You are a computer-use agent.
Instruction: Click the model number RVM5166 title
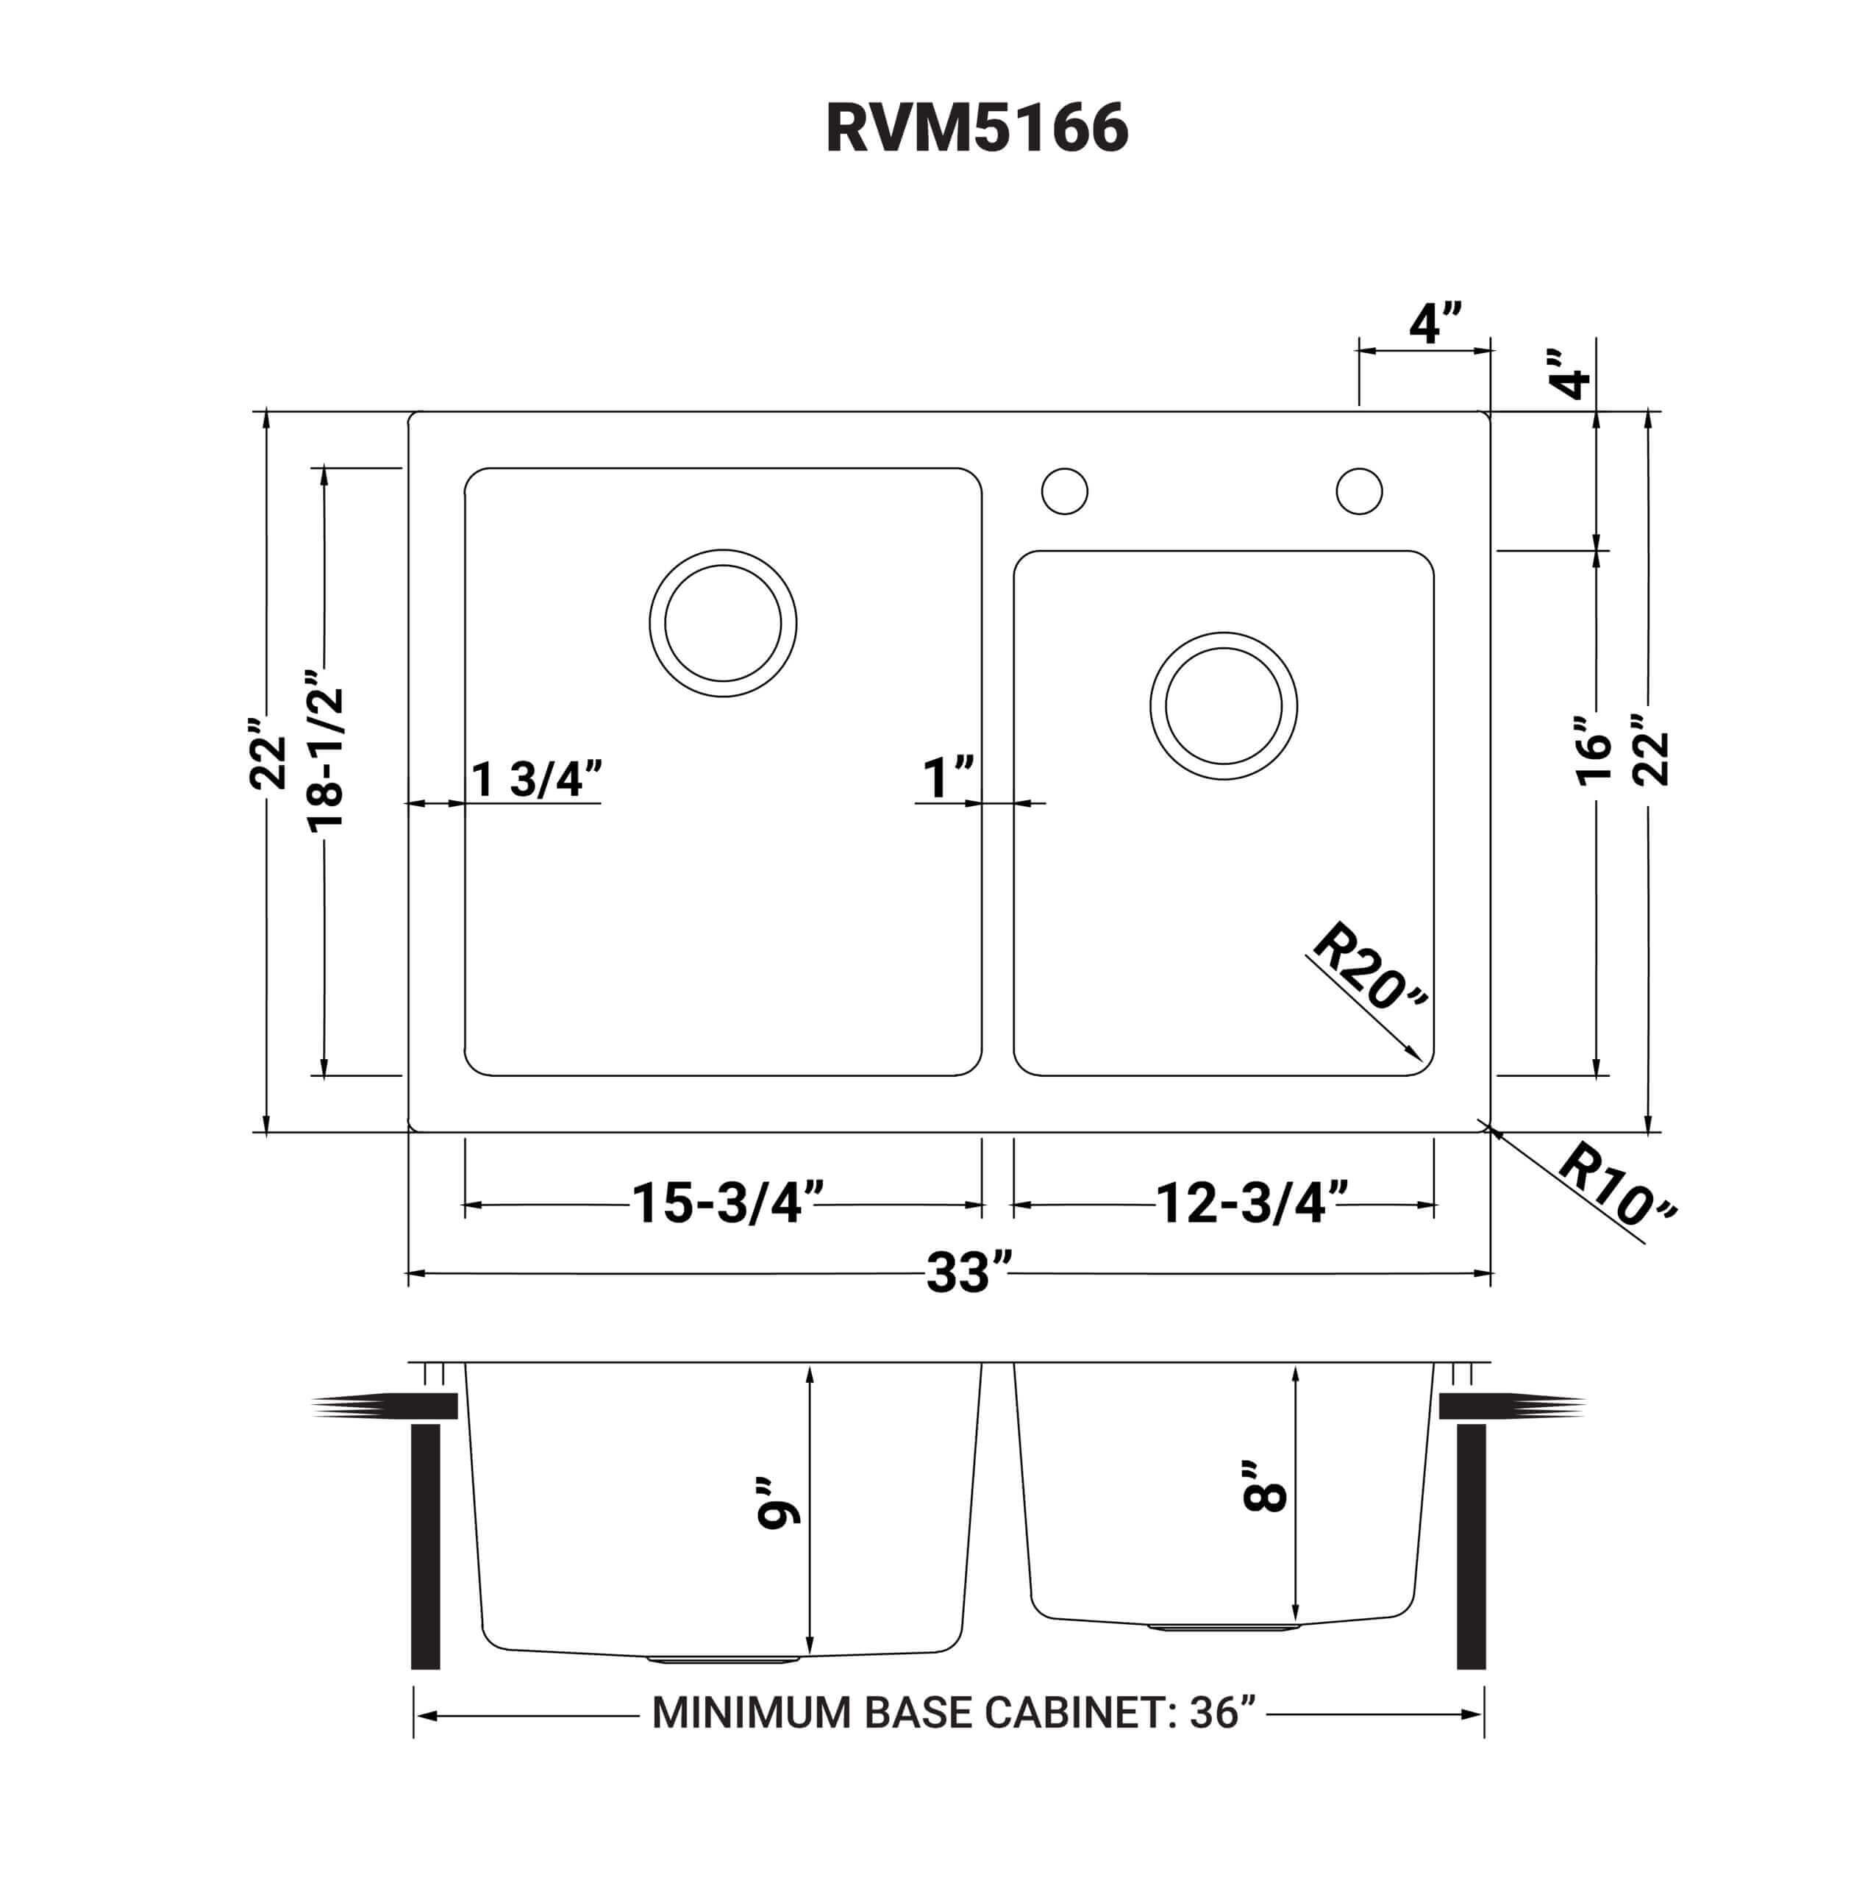click(x=976, y=129)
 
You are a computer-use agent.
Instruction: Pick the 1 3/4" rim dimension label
click(x=537, y=779)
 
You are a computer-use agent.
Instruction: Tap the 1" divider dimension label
click(x=947, y=777)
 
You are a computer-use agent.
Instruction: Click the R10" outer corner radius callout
click(x=1616, y=1184)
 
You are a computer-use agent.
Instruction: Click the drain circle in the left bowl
click(x=722, y=623)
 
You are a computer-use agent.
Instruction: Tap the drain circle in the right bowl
click(x=1223, y=705)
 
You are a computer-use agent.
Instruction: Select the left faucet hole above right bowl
click(x=1064, y=491)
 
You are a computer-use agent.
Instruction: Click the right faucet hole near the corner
click(x=1358, y=491)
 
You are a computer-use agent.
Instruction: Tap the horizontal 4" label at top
click(x=1435, y=324)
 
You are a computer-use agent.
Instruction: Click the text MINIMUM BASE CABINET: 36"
click(x=953, y=1712)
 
